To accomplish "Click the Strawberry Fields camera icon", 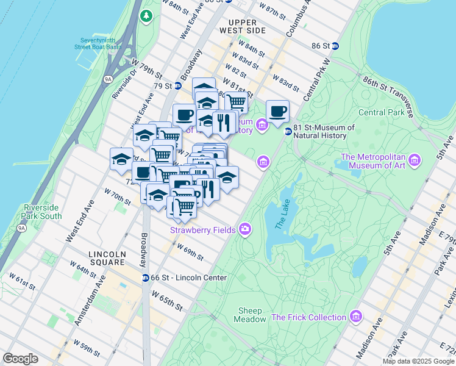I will [244, 229].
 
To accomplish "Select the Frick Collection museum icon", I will [355, 317].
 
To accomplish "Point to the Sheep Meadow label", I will [251, 315].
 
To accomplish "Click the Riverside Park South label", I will [41, 212].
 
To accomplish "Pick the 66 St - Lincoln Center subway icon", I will [146, 278].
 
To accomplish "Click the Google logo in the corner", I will [21, 359].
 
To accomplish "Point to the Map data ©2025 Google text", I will [418, 361].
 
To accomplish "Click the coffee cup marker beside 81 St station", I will [277, 112].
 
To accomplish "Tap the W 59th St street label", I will [87, 347].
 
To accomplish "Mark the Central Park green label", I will [381, 112].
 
